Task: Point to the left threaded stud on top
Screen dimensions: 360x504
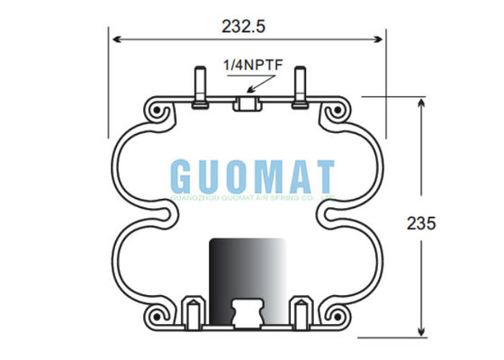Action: [197, 85]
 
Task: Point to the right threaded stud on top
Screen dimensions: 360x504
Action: [298, 85]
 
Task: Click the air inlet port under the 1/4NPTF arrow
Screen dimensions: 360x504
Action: [247, 104]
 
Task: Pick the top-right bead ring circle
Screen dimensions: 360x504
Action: [336, 112]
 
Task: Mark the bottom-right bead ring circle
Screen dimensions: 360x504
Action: [336, 315]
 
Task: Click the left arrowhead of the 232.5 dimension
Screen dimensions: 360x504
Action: [115, 38]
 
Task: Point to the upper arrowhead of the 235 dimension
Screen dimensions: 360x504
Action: [419, 102]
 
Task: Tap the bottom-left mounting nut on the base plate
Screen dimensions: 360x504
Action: [192, 312]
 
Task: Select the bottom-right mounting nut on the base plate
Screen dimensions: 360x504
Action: [303, 312]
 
